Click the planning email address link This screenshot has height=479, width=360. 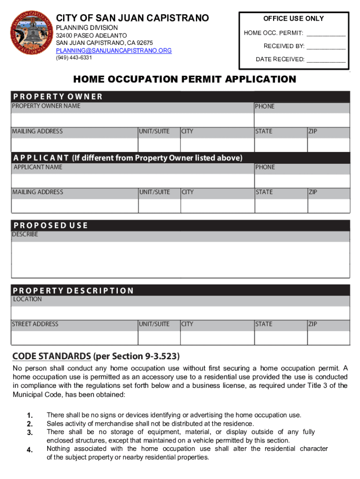point(114,50)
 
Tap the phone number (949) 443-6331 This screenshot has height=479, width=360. point(74,58)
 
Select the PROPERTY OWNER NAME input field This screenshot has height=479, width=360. point(132,120)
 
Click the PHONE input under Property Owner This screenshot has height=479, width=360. point(302,120)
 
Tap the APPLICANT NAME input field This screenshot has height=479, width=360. point(132,181)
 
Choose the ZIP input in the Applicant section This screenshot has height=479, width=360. point(328,206)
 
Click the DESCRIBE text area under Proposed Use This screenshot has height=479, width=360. point(180,260)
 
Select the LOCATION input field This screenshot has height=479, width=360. point(180,312)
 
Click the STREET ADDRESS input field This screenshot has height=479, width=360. point(74,338)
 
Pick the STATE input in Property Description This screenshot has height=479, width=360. point(280,338)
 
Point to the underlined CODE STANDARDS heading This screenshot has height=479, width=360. point(51,356)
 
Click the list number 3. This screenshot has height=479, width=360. point(29,432)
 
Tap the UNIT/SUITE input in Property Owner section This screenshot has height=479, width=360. point(159,145)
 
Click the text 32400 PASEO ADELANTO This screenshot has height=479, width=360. point(91,36)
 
